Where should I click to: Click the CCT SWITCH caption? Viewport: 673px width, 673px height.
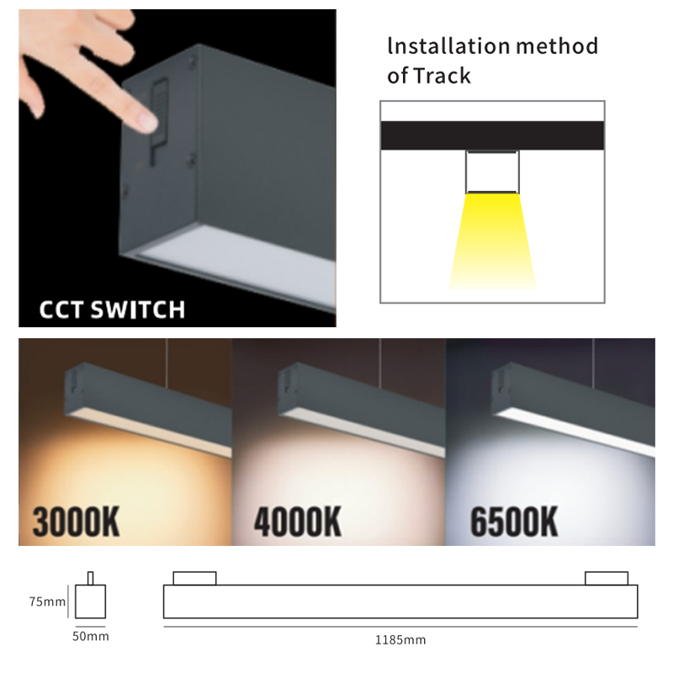(112, 309)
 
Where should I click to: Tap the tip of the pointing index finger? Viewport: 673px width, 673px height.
(149, 122)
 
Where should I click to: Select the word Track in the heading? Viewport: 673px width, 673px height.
(442, 76)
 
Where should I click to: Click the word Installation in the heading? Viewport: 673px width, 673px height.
(448, 45)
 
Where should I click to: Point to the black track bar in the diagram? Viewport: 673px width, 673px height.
(492, 135)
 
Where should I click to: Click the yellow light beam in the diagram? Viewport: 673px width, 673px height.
(492, 241)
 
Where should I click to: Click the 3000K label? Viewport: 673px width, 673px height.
(76, 522)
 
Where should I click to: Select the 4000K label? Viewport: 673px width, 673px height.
(298, 522)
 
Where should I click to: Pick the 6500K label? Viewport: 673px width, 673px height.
(514, 522)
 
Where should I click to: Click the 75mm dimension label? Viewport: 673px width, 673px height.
(47, 601)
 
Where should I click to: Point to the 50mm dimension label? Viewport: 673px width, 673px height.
(91, 636)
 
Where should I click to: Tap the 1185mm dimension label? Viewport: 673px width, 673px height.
(400, 640)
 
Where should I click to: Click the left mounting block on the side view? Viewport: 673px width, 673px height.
(194, 578)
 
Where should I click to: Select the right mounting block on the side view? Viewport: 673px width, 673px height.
(607, 578)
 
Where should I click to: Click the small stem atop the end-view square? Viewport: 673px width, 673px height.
(90, 578)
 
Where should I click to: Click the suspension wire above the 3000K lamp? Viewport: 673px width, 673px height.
(166, 364)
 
